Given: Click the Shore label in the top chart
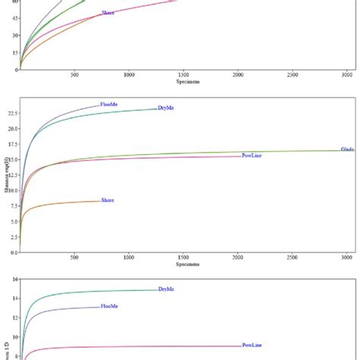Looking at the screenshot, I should click(108, 13).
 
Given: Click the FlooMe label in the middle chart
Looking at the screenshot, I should click(109, 105).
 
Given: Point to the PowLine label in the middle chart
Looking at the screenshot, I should click(252, 156).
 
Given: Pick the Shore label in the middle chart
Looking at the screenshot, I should click(108, 201).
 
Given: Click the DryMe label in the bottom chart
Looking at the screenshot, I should click(166, 289).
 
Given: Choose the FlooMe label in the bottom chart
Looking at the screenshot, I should click(109, 306).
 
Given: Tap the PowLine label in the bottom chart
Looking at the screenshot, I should click(252, 346).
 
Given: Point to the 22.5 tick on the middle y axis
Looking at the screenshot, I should click(12, 112).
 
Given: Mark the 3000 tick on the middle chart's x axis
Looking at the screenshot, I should click(346, 258).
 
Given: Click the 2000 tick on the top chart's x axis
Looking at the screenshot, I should click(238, 74).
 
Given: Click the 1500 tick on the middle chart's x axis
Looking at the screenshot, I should click(183, 258).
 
